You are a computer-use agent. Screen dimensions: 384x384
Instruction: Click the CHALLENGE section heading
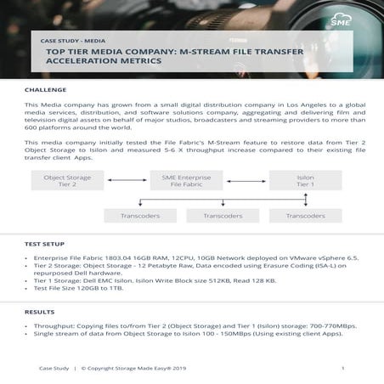point(47,88)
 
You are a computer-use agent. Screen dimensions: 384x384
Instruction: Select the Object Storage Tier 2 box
point(67,180)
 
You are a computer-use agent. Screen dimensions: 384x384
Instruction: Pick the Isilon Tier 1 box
point(305,180)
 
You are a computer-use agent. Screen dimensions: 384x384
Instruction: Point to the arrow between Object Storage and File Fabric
point(127,180)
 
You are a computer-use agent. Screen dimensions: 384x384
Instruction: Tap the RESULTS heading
point(40,313)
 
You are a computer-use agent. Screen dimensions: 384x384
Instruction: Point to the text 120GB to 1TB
point(101,289)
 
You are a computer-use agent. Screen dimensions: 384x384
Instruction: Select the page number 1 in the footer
point(342,369)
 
